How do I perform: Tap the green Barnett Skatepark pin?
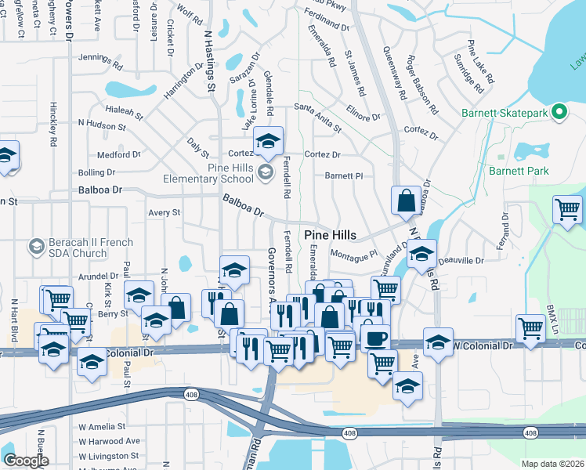pyautogui.click(x=559, y=112)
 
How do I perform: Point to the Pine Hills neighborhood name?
pyautogui.click(x=330, y=235)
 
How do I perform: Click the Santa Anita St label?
pyautogui.click(x=317, y=115)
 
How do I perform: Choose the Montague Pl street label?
pyautogui.click(x=354, y=255)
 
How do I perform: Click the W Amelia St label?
pyautogui.click(x=102, y=427)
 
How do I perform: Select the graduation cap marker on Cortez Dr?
pyautogui.click(x=268, y=142)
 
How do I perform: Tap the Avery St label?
pyautogui.click(x=165, y=212)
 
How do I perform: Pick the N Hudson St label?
pyautogui.click(x=102, y=123)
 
